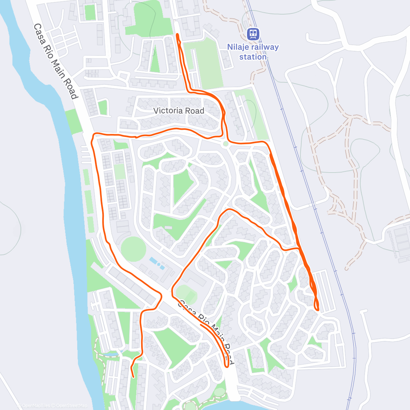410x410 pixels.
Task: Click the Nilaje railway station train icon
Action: coord(253,34)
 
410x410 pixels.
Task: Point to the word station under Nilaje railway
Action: coord(253,57)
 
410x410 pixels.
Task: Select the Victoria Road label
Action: coord(179,111)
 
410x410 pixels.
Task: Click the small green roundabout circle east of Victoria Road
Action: coord(225,144)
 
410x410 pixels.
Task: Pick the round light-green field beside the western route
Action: coord(133,249)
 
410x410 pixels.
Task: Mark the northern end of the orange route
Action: coord(177,35)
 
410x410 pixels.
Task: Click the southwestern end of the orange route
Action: coord(133,377)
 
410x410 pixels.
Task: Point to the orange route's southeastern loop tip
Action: coord(318,310)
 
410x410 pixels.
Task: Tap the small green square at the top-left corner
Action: coord(90,12)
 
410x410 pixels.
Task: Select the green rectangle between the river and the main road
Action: coord(72,122)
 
